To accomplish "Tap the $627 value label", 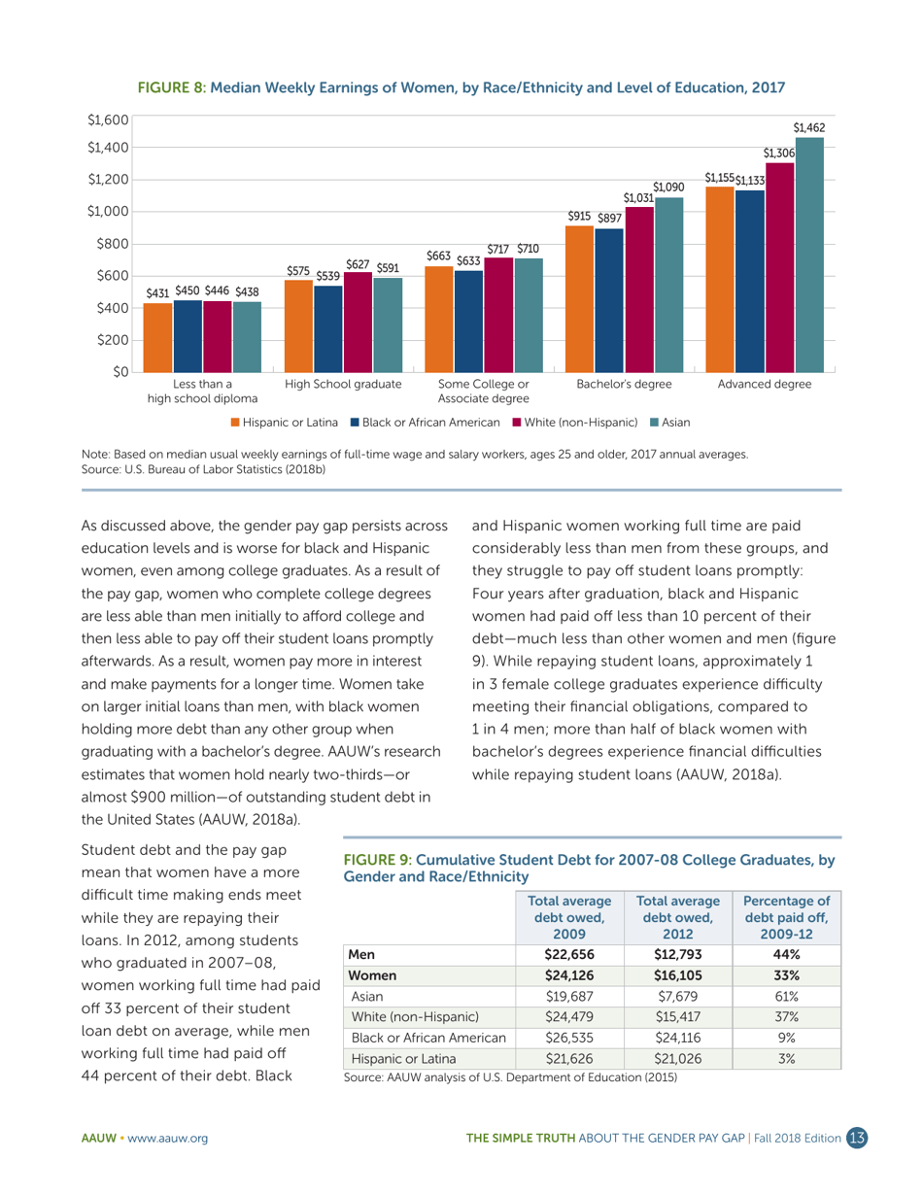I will point(358,263).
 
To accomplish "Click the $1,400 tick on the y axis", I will point(108,147).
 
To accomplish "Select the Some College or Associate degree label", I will point(483,391).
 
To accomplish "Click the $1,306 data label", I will point(779,153).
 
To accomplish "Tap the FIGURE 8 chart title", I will point(461,87).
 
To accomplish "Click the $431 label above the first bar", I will point(157,292).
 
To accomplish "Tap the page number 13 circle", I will point(856,1138).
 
